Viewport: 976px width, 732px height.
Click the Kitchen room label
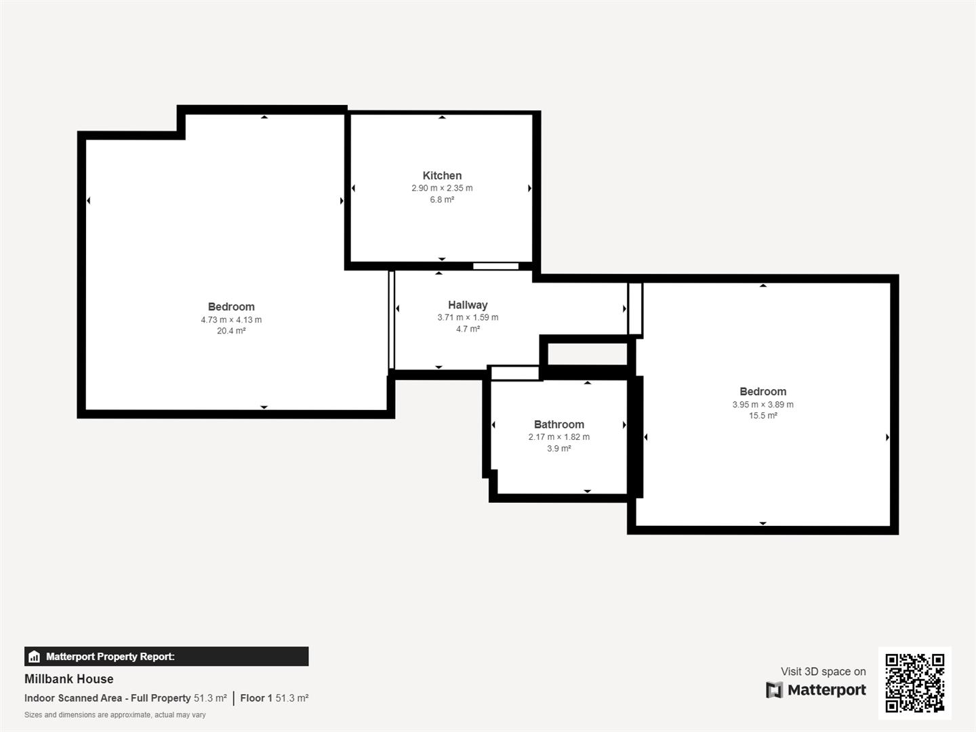click(x=442, y=176)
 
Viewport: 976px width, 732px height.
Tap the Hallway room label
click(x=468, y=305)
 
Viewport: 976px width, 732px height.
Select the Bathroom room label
click(x=558, y=424)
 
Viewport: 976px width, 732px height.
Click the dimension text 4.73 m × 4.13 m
click(x=231, y=320)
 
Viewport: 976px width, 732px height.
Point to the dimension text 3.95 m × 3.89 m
click(x=762, y=405)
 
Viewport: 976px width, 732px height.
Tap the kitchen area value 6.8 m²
click(x=442, y=200)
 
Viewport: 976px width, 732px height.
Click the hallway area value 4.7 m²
click(x=468, y=329)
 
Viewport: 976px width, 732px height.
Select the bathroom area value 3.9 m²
click(x=558, y=449)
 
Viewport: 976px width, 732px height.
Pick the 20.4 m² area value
click(x=231, y=331)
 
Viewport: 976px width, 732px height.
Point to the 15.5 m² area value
click(x=762, y=416)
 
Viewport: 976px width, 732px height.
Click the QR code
click(x=914, y=683)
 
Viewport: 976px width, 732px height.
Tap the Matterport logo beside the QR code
click(x=816, y=690)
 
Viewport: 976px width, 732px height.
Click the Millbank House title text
click(x=69, y=679)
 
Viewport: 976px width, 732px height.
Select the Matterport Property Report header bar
click(x=166, y=656)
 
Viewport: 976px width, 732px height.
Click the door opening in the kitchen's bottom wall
click(x=495, y=266)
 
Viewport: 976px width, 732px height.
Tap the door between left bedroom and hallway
click(x=391, y=320)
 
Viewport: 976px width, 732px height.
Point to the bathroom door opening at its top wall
click(x=514, y=373)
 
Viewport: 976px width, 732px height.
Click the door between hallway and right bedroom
click(x=634, y=309)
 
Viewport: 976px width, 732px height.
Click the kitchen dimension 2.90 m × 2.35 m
click(x=442, y=188)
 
